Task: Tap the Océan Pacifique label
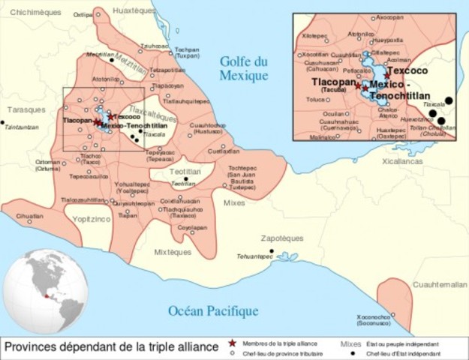click(x=203, y=310)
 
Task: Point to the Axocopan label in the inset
click(x=389, y=16)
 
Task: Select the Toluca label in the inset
click(x=315, y=98)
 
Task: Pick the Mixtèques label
click(x=173, y=252)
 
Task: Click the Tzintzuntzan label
click(x=21, y=127)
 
